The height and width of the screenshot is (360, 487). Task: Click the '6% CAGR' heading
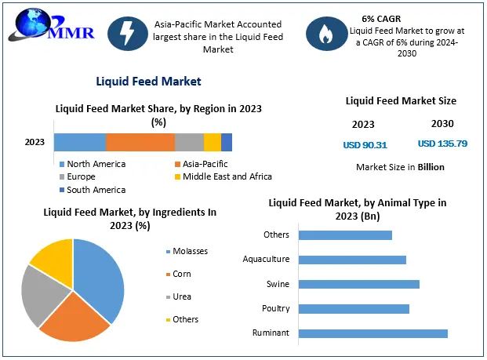tap(379, 17)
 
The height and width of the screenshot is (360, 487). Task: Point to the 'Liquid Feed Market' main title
tap(148, 81)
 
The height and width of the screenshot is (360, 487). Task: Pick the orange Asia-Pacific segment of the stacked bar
tap(140, 142)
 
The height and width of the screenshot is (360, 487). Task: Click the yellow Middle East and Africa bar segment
tap(212, 142)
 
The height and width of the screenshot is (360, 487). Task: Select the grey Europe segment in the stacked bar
tap(189, 142)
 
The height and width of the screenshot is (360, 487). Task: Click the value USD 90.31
tap(365, 144)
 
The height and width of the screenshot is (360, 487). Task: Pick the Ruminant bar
tap(373, 333)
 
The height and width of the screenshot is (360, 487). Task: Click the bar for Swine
tap(359, 284)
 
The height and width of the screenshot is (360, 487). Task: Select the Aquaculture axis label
tap(266, 259)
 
